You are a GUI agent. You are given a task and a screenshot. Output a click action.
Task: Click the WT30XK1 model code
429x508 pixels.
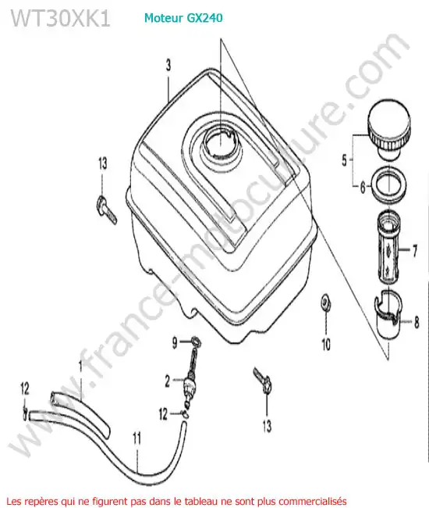61,18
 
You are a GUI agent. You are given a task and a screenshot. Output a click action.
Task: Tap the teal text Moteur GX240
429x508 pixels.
183,18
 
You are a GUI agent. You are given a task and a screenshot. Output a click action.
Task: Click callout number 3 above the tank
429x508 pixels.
168,65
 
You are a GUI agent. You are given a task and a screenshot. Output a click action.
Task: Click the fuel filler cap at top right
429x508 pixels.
389,129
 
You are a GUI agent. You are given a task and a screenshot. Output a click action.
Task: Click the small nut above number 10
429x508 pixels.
325,302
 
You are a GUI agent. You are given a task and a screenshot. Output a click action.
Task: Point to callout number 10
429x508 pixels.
326,345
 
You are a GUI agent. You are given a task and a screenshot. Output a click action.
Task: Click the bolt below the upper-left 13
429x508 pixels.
106,210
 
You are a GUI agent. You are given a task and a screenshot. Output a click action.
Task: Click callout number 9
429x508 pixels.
174,343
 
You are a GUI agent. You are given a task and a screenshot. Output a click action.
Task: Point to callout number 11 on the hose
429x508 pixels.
136,439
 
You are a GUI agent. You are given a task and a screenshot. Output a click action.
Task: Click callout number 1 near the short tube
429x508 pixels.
80,366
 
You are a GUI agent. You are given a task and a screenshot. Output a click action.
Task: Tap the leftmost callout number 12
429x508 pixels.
24,388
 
